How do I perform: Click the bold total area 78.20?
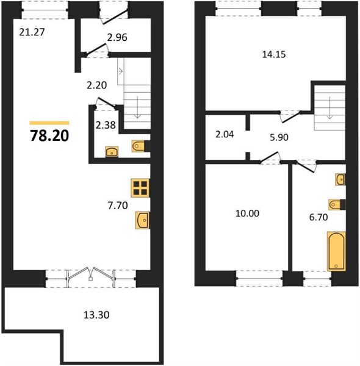tap(49, 136)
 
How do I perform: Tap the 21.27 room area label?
tap(32, 32)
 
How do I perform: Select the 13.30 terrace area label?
tap(96, 315)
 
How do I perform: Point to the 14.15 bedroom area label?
tap(274, 54)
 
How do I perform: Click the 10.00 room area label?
tap(247, 213)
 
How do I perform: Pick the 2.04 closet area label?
tap(225, 135)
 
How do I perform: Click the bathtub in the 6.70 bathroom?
tap(336, 251)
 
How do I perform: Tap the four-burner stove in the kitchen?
tap(140, 188)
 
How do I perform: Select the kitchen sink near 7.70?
tap(143, 220)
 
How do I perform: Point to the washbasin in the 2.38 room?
tap(112, 152)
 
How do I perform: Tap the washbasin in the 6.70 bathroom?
tap(340, 179)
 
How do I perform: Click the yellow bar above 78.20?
tap(49, 123)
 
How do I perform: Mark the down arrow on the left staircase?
tap(137, 107)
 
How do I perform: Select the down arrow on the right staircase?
tap(329, 108)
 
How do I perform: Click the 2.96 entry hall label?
tap(117, 38)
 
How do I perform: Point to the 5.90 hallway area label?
tap(279, 137)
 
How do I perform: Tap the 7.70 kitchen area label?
tap(118, 206)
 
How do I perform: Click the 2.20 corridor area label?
tap(96, 85)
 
